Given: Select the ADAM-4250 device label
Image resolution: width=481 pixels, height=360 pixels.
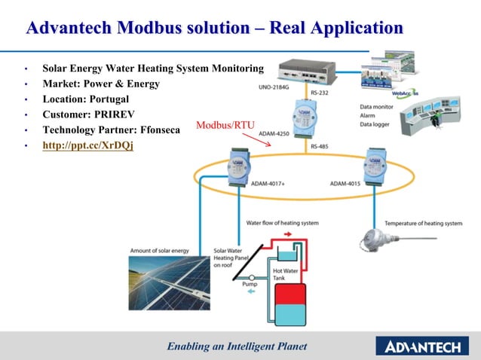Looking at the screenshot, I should (273, 134).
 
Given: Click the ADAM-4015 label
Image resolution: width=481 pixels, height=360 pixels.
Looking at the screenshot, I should (348, 183).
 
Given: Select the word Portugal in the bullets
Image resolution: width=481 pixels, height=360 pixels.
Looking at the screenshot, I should (106, 99).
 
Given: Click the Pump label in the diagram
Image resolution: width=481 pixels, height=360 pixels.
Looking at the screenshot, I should (249, 284).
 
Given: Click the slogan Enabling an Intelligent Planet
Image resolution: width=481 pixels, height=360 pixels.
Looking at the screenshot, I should (237, 346).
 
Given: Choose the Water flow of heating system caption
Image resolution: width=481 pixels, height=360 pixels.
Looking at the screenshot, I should (282, 222).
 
